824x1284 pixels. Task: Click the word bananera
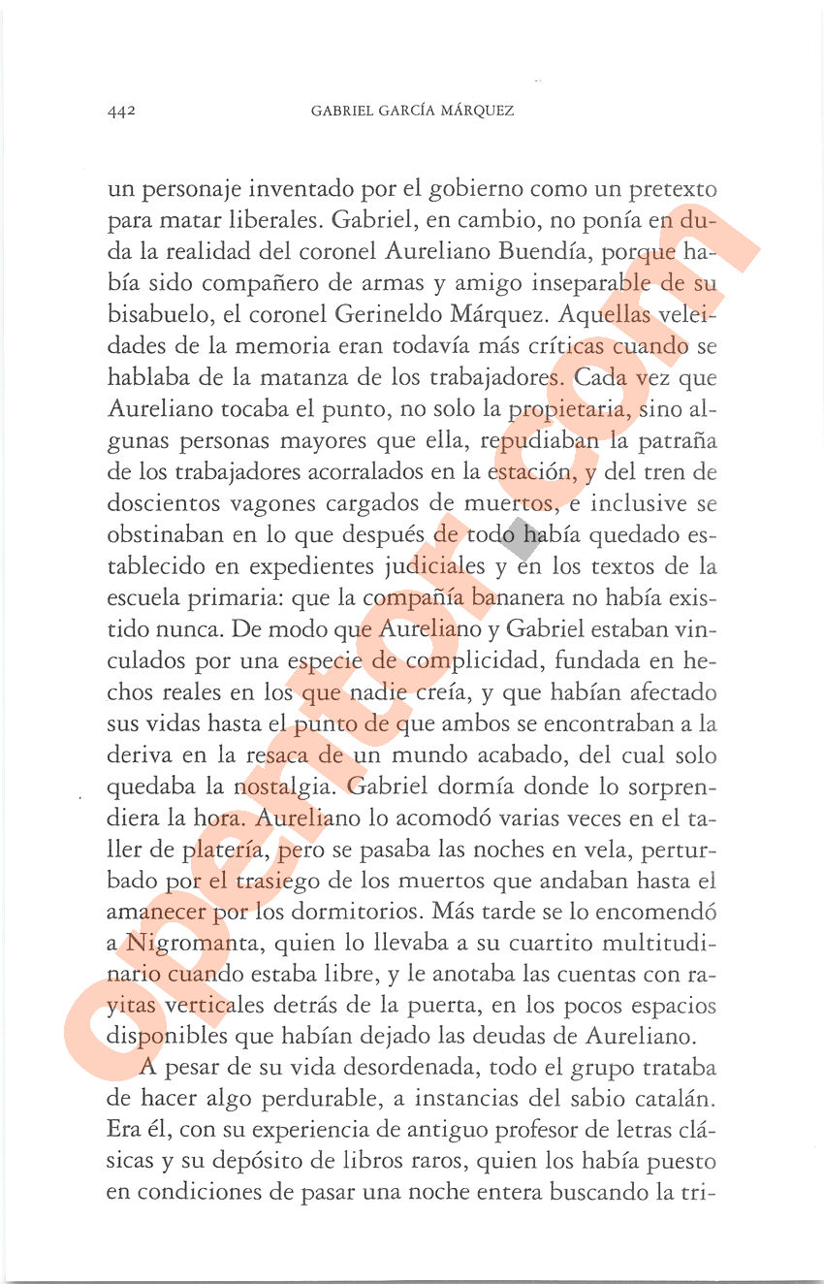511,598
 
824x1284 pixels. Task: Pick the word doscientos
162,503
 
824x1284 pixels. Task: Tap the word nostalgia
286,786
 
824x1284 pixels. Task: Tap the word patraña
675,441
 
